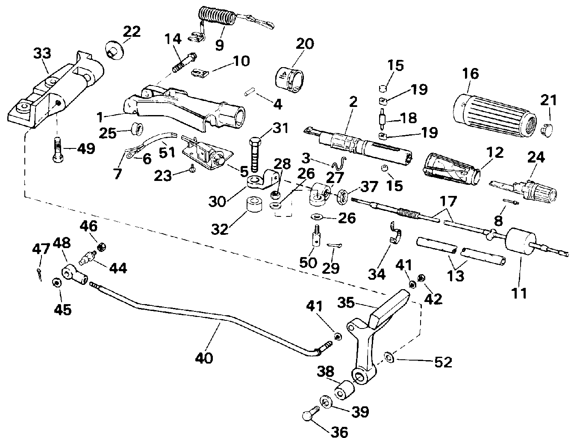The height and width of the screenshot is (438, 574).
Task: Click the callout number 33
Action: (42, 54)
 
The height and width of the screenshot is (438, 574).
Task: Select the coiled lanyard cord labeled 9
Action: (216, 20)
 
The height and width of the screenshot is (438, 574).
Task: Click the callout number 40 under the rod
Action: (204, 357)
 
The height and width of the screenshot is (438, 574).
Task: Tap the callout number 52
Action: (442, 362)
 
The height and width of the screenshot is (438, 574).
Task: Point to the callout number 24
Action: (536, 157)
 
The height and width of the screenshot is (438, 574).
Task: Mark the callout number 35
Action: (346, 302)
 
